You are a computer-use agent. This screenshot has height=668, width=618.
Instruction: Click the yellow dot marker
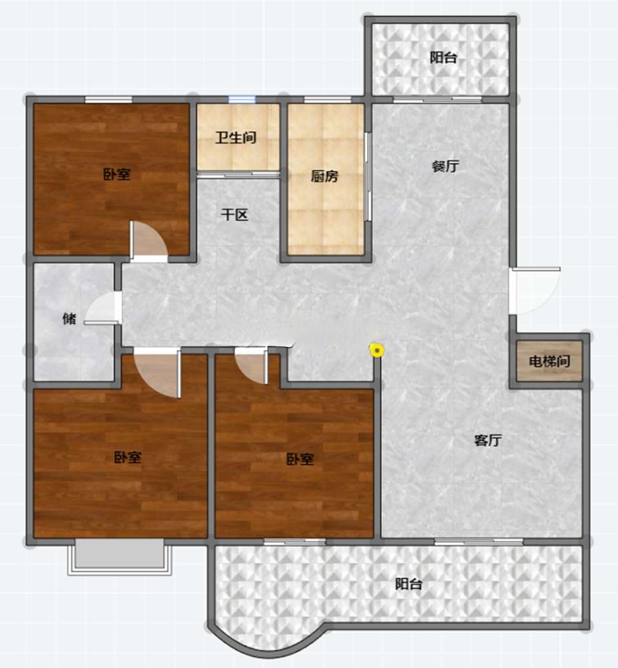(377, 351)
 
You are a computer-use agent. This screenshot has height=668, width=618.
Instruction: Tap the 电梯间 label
(549, 361)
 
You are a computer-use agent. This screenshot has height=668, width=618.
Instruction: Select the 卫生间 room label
(235, 137)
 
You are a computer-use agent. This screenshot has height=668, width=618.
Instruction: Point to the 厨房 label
(324, 176)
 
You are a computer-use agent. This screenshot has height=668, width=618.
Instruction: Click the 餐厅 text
(445, 166)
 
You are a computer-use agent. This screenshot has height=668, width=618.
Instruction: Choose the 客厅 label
(488, 440)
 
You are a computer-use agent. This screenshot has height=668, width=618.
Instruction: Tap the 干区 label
(235, 214)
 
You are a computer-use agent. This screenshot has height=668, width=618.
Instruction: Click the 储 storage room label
(70, 318)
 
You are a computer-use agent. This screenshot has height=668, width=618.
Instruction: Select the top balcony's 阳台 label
(443, 57)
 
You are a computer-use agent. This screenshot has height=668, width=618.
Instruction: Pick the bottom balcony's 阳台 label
(409, 583)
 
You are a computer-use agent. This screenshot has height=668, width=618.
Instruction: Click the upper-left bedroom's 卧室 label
(117, 174)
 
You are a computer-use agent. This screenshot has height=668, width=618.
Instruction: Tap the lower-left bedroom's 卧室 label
(128, 457)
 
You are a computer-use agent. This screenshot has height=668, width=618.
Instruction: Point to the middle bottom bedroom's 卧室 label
(300, 459)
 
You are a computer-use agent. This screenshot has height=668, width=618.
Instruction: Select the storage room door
(103, 307)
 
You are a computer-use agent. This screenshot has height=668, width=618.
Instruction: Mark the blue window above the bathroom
(242, 100)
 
